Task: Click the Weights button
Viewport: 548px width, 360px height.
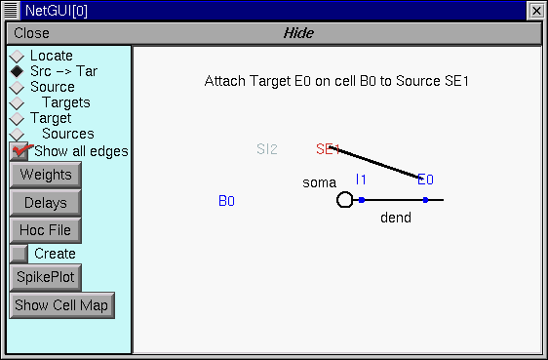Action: coord(45,176)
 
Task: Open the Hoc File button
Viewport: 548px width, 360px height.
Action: coord(45,230)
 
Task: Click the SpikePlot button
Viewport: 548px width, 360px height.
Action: coord(45,278)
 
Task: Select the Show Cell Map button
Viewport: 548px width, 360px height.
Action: coord(62,305)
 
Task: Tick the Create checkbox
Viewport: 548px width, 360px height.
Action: coord(19,254)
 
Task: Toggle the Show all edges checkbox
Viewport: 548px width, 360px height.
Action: coord(20,151)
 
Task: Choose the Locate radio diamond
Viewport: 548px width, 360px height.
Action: coord(17,57)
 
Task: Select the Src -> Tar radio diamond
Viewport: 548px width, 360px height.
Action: coord(17,72)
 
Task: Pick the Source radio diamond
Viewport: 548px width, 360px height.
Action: coord(17,88)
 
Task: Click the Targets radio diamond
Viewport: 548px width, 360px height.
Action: coord(17,103)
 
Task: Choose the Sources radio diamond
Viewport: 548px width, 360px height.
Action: coord(17,134)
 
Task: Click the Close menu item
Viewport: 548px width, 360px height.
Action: coord(31,33)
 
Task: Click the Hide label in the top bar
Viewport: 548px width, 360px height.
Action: coord(298,33)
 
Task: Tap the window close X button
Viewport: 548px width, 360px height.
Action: coord(535,10)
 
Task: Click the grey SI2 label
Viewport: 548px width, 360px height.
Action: coord(267,149)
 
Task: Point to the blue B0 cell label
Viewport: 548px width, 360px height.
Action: coord(226,201)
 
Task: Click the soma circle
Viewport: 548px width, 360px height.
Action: coord(344,200)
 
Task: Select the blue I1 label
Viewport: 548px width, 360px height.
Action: coord(361,180)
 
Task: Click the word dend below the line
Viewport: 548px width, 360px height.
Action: coord(395,218)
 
